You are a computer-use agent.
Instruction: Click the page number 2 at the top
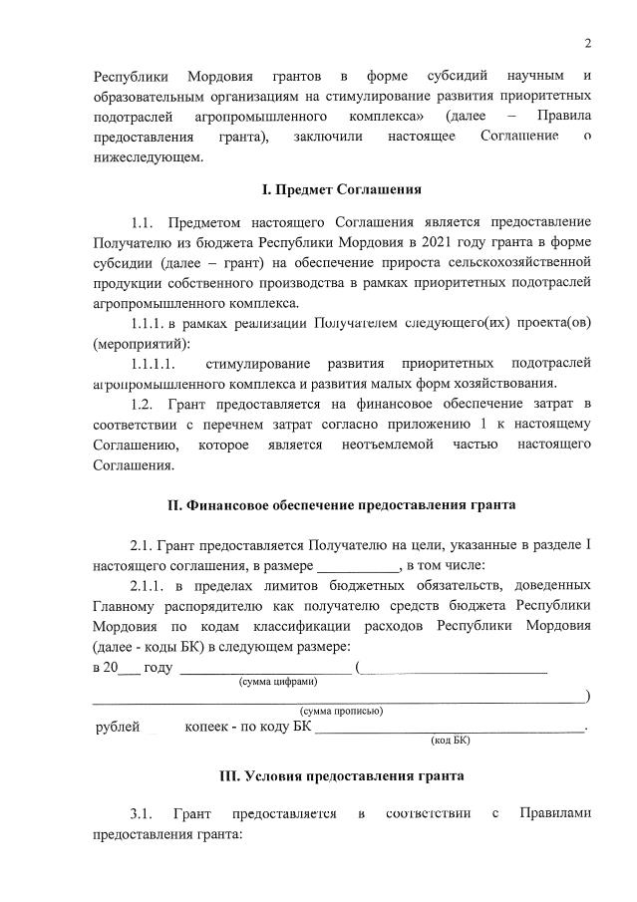(588, 42)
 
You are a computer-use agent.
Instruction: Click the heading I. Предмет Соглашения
(341, 189)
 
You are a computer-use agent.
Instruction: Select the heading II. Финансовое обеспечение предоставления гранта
(341, 505)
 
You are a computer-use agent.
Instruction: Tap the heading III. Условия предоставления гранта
(341, 775)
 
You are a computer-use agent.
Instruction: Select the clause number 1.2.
(145, 403)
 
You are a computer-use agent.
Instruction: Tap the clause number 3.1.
(144, 815)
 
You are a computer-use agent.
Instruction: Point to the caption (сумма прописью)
(342, 711)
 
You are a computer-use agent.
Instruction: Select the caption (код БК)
(450, 740)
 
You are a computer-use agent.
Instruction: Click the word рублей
(117, 728)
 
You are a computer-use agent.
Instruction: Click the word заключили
(329, 135)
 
